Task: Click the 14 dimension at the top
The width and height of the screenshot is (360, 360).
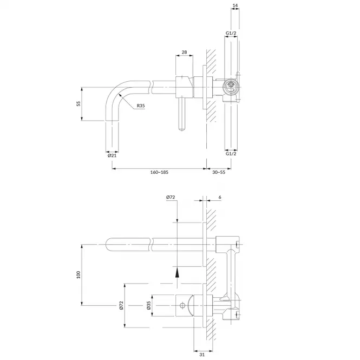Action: pyautogui.click(x=235, y=5)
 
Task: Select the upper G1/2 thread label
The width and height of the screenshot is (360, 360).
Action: pyautogui.click(x=231, y=33)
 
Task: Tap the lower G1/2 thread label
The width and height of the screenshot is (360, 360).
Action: pyautogui.click(x=231, y=154)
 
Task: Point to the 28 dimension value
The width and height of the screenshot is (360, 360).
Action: pyautogui.click(x=184, y=52)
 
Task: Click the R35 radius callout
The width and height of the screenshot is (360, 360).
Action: pyautogui.click(x=141, y=106)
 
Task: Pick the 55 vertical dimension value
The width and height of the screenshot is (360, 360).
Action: pyautogui.click(x=78, y=103)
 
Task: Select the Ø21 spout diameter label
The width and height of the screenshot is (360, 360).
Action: pyautogui.click(x=112, y=156)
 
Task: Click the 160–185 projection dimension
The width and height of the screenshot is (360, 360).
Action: pyautogui.click(x=159, y=172)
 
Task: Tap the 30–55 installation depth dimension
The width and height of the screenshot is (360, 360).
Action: pyautogui.click(x=219, y=172)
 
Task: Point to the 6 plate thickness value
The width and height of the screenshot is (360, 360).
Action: pyautogui.click(x=220, y=197)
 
